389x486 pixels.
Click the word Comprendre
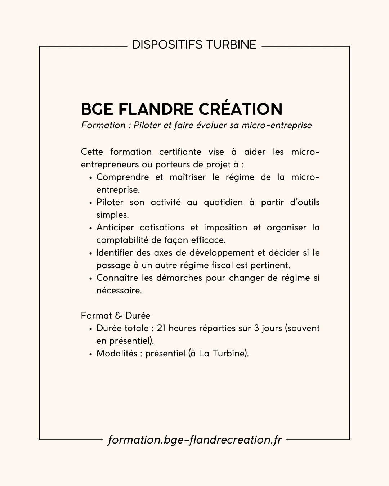point(122,177)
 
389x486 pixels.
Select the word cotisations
point(162,228)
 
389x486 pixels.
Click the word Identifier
point(116,253)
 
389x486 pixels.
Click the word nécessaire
point(119,291)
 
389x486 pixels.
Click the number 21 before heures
point(161,328)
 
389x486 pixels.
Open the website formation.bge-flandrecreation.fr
point(194,440)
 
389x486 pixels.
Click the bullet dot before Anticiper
point(91,228)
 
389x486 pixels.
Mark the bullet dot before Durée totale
point(91,329)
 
